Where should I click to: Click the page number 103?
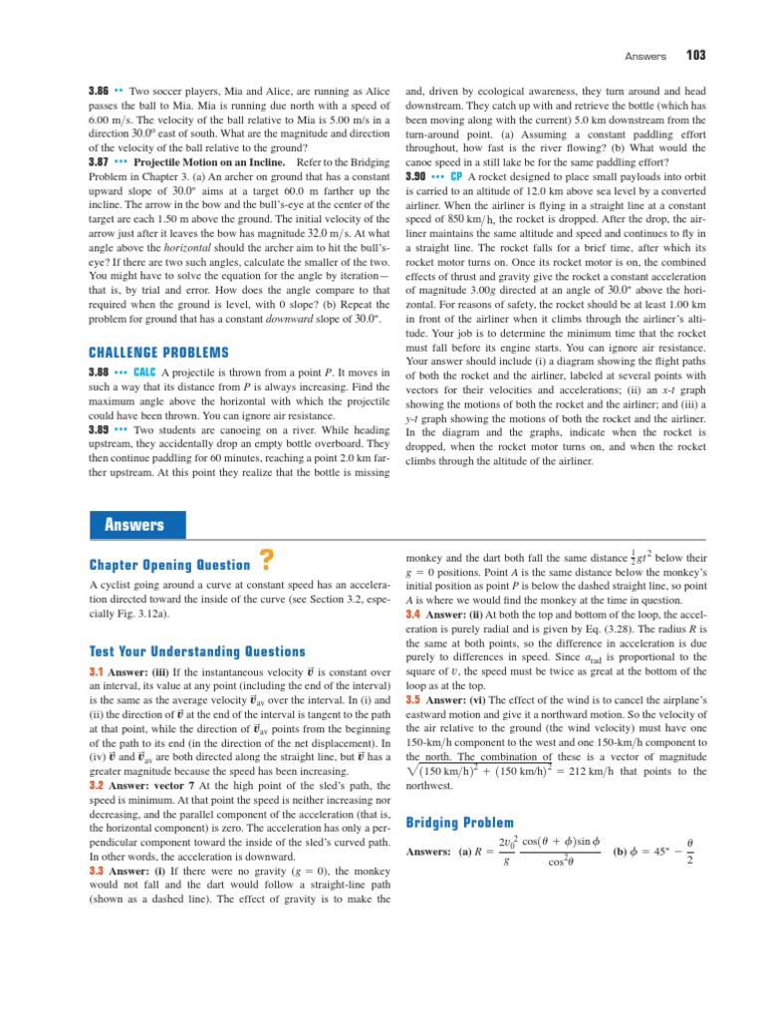694,54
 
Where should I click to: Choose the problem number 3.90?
415,176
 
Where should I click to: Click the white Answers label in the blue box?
135,525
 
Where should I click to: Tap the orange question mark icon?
265,560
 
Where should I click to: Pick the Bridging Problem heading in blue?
460,823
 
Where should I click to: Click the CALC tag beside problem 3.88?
144,372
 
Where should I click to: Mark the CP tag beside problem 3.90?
456,176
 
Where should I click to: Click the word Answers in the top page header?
644,54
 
